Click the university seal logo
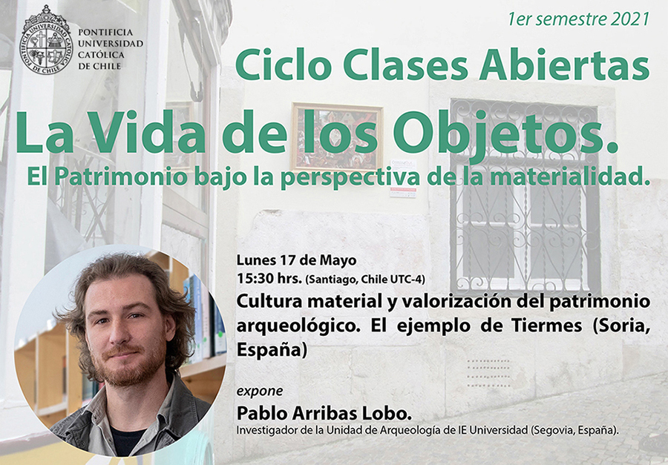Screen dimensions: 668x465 point(46,39)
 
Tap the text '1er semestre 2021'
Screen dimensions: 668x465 point(578,19)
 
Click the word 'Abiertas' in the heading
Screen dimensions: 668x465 point(564,65)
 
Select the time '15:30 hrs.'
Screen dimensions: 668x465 point(269,279)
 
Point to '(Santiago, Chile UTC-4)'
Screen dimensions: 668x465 point(365,280)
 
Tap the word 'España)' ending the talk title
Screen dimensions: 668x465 point(272,350)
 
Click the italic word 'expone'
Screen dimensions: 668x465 point(260,392)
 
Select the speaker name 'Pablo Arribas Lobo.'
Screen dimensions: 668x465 point(324,412)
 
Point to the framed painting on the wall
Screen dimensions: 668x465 point(337,137)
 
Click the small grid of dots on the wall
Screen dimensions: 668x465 point(488,373)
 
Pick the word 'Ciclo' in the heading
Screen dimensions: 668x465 point(284,65)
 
